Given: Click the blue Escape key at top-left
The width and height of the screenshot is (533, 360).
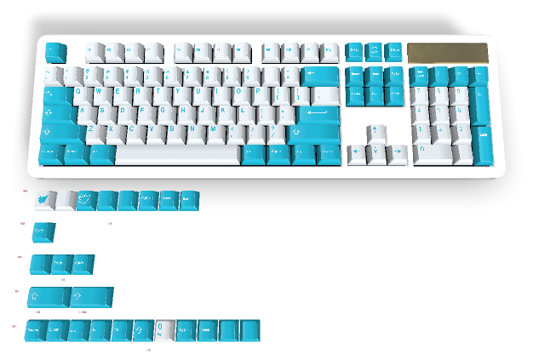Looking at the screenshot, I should click(x=55, y=52).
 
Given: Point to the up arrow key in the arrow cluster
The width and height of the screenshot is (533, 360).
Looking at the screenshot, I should click(x=375, y=134).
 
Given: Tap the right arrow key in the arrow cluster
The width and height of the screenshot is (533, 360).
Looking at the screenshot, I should click(x=396, y=154).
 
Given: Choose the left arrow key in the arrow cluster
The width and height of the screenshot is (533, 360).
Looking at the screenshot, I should click(x=356, y=154).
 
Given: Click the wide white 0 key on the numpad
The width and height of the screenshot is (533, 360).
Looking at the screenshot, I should click(x=430, y=153).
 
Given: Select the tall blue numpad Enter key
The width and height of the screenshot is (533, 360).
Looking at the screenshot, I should click(x=482, y=143).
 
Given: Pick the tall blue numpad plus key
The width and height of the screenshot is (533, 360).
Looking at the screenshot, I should click(x=482, y=104).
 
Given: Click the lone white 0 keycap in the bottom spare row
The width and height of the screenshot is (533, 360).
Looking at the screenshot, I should click(x=165, y=329).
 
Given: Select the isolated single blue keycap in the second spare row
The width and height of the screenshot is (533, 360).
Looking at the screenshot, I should click(x=43, y=231).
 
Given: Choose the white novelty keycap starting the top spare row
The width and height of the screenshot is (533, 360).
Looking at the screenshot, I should click(x=44, y=200).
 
